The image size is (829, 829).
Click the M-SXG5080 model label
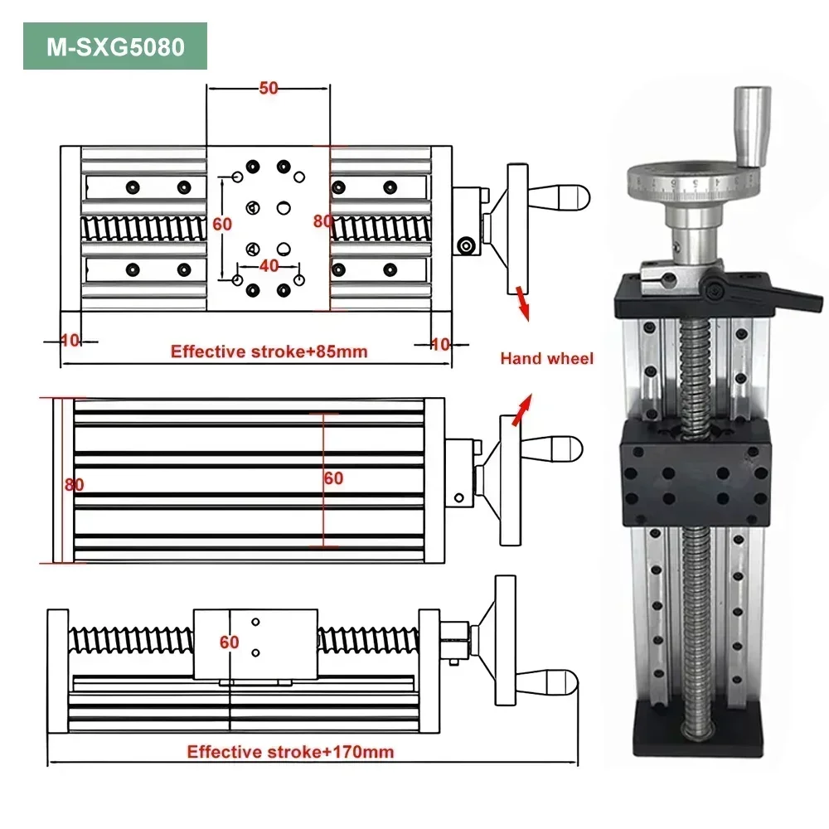pos(115,46)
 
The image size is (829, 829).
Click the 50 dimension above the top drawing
pos(268,89)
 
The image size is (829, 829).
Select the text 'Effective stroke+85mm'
pos(269,351)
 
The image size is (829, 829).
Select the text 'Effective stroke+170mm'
pos(290,752)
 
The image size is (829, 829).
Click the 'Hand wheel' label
pos(546,359)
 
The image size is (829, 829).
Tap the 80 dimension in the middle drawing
pos(74,485)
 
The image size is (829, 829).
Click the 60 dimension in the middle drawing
pos(333,478)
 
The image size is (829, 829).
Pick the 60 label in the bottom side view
pos(229,642)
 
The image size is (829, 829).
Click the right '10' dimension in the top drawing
pos(440,343)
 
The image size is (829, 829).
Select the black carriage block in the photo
pos(695,473)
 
